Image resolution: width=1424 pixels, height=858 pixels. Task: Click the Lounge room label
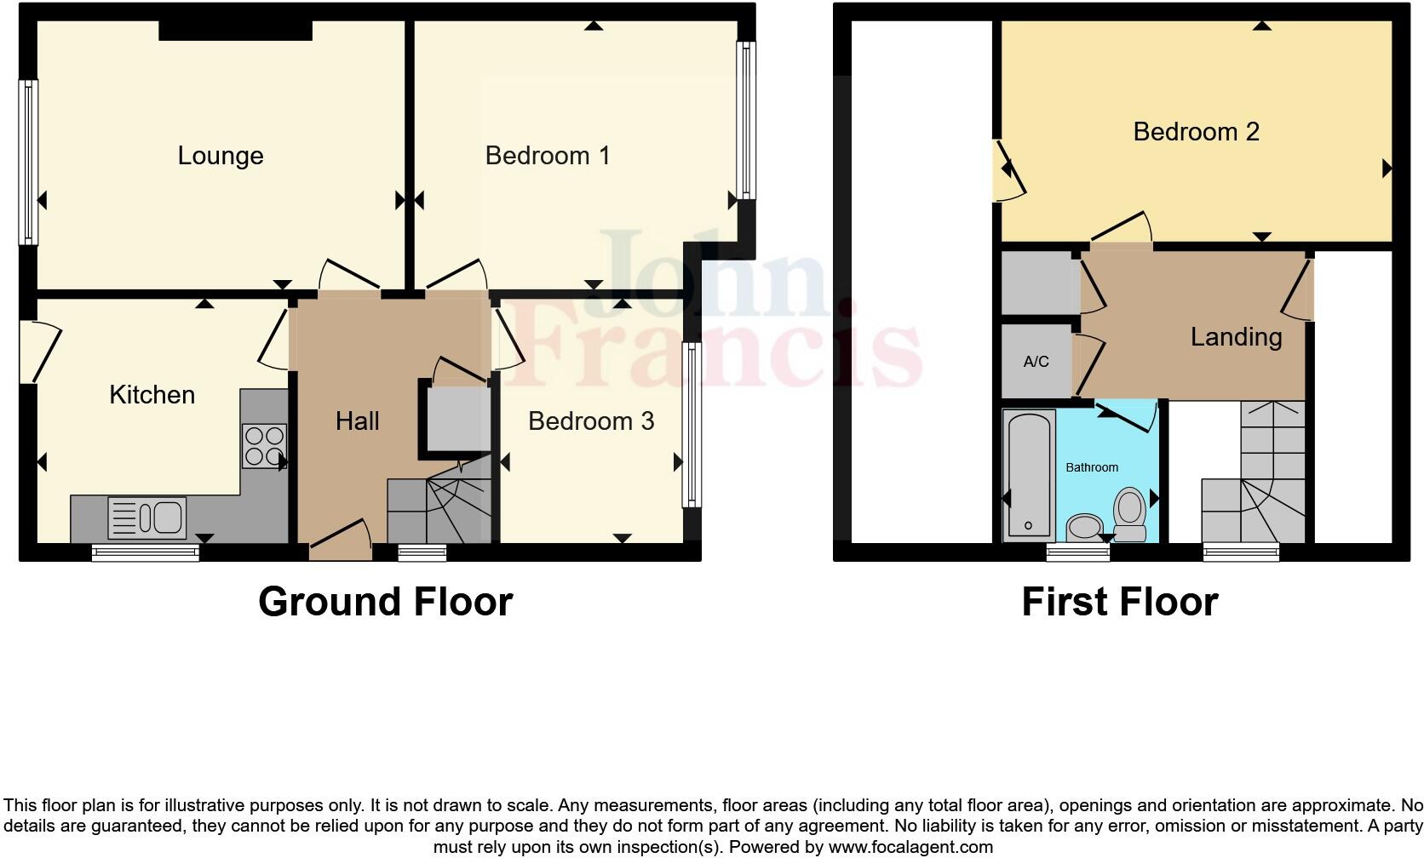[221, 156]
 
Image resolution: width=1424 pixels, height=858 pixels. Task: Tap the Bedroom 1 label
[548, 156]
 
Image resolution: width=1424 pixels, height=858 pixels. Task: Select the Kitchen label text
[152, 395]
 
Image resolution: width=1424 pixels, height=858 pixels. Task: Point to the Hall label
[357, 420]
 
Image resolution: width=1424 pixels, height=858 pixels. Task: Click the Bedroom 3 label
[591, 420]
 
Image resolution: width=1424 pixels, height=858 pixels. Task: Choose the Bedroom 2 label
[1196, 132]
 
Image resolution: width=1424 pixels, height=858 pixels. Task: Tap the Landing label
[1236, 337]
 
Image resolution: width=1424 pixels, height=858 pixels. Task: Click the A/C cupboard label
[1036, 362]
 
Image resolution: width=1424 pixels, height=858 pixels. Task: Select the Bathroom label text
[1092, 467]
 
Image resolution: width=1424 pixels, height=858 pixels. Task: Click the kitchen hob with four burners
[264, 446]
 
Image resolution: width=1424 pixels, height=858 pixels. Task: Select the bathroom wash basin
[1084, 527]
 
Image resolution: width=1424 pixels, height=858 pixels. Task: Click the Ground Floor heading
[385, 602]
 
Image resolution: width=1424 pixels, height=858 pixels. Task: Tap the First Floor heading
[1119, 602]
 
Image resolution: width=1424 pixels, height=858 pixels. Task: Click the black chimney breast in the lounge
[235, 31]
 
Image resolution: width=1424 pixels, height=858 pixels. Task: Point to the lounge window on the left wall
[28, 162]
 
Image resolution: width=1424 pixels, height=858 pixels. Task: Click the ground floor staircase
[439, 509]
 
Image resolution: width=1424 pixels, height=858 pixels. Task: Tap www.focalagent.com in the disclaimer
[910, 847]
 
